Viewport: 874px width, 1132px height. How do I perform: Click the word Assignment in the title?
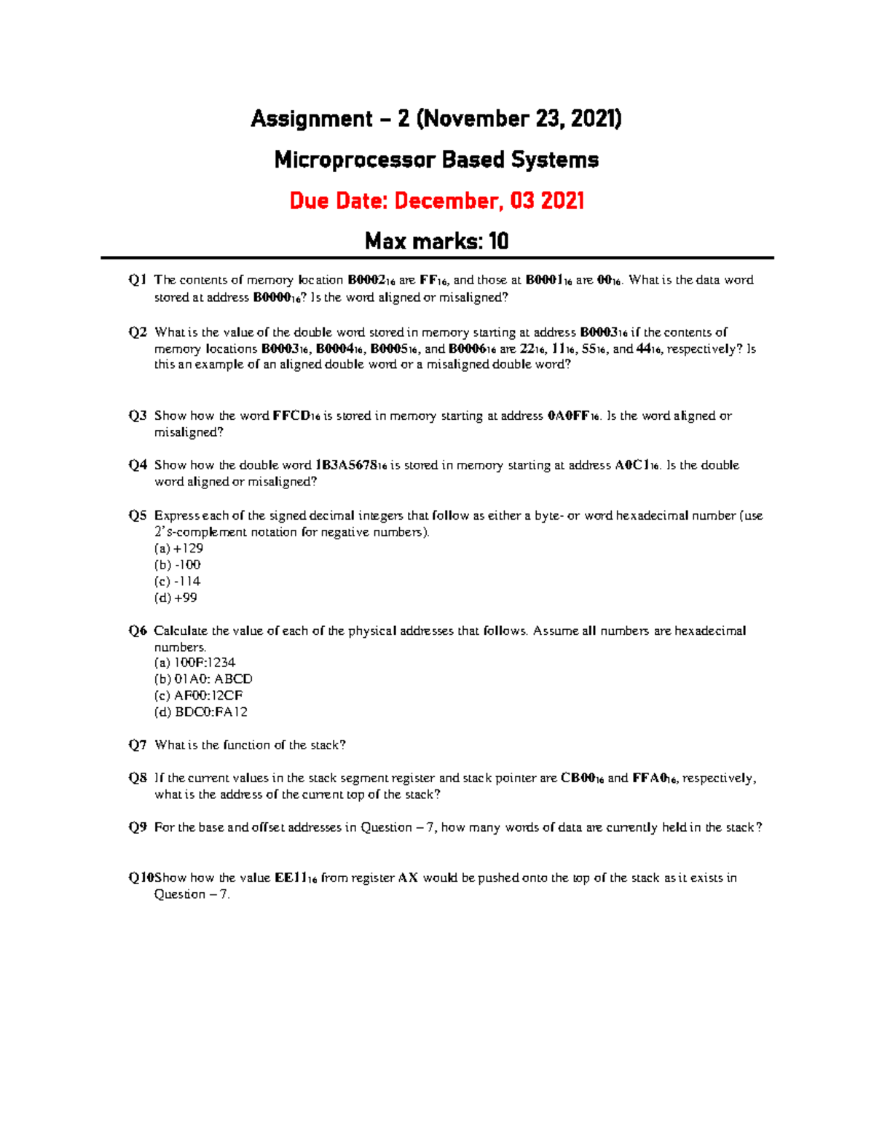[x=312, y=119]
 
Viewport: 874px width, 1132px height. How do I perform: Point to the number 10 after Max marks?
[x=498, y=241]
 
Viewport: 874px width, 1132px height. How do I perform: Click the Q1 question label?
[x=138, y=280]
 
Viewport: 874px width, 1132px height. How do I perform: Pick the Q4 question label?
[x=138, y=465]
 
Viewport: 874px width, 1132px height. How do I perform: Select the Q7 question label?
[x=138, y=745]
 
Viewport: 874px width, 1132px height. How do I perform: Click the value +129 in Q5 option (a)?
[x=189, y=548]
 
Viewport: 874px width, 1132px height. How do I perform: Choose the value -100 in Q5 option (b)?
[x=187, y=565]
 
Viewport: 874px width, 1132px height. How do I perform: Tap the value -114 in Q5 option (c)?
[x=187, y=582]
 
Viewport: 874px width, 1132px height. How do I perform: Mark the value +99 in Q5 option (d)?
[x=186, y=598]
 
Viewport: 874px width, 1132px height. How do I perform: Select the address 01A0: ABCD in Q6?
[x=213, y=679]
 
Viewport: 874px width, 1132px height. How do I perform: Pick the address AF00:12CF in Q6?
[x=208, y=695]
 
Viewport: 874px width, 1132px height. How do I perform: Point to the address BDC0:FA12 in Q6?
[x=211, y=712]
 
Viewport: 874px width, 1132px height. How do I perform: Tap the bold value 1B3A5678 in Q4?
[x=346, y=465]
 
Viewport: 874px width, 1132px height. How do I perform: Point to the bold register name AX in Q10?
[x=408, y=878]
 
